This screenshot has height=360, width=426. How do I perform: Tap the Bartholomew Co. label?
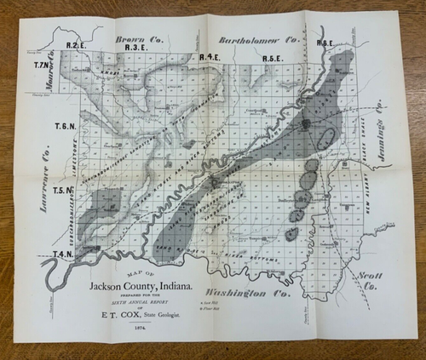[x=261, y=39]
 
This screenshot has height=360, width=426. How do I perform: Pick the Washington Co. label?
[x=251, y=292]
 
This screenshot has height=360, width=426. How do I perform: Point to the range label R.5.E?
[x=273, y=58]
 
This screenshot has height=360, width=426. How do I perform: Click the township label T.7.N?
[x=43, y=66]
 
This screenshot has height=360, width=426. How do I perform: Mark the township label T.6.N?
[x=65, y=126]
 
